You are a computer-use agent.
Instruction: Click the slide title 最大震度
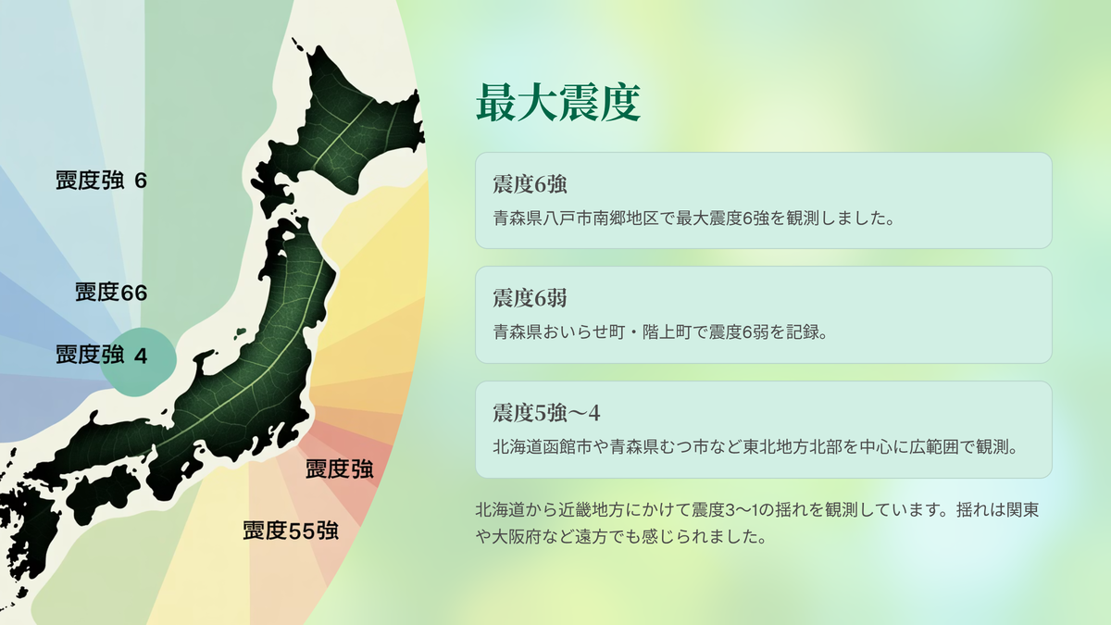558,103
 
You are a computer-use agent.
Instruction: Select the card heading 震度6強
530,184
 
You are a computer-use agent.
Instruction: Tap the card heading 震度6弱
530,298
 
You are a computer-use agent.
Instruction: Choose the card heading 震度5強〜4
546,413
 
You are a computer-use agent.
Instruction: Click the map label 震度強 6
101,180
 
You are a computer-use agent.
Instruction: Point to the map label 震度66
111,293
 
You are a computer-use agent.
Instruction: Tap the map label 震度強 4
101,356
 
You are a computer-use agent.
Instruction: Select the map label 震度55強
291,531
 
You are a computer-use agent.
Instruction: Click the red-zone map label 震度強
339,469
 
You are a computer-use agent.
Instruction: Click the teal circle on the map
142,362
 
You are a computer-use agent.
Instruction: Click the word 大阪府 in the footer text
517,537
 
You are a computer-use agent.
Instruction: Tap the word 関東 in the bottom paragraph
1022,510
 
